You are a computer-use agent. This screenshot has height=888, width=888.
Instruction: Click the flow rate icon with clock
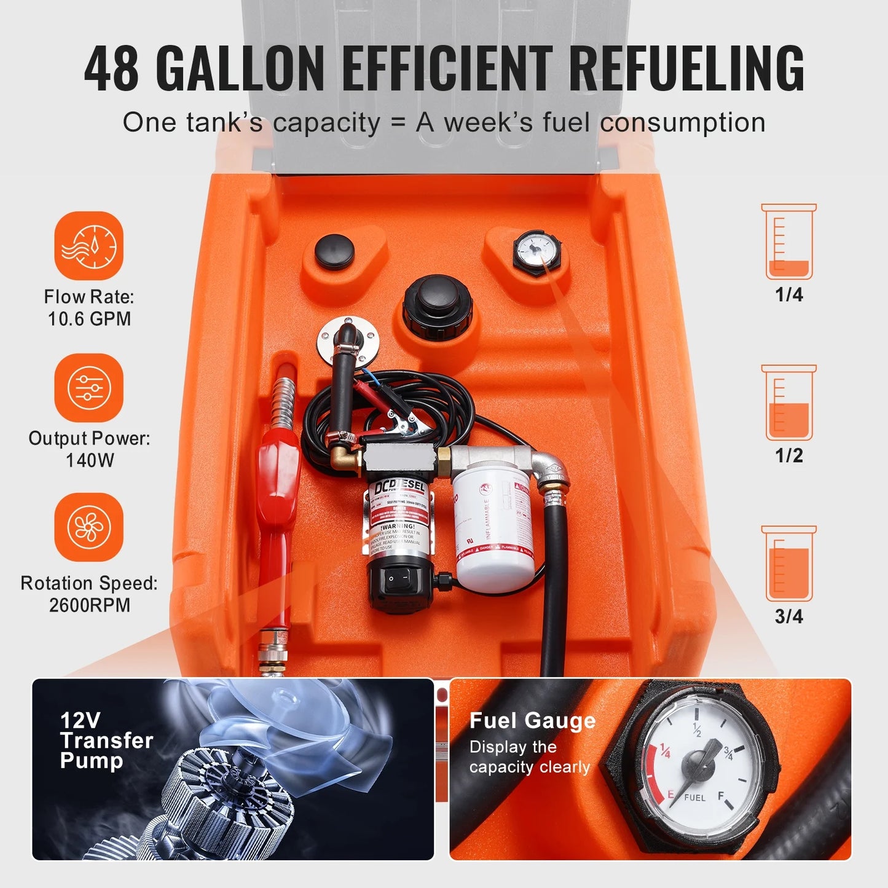point(89,246)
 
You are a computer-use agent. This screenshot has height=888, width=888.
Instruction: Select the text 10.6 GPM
point(90,319)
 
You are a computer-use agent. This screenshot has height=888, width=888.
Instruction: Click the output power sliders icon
point(89,388)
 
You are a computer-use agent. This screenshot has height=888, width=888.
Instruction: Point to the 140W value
point(90,460)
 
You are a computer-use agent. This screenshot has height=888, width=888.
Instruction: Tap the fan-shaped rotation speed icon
point(89,527)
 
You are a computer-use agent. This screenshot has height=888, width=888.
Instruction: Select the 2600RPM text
point(90,605)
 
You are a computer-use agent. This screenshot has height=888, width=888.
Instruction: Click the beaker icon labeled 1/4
point(789,242)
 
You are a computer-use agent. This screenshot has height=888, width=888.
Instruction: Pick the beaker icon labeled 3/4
point(789,564)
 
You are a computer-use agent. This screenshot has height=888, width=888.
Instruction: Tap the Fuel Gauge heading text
point(532,721)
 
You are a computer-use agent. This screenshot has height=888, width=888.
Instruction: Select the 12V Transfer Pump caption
point(106,741)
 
